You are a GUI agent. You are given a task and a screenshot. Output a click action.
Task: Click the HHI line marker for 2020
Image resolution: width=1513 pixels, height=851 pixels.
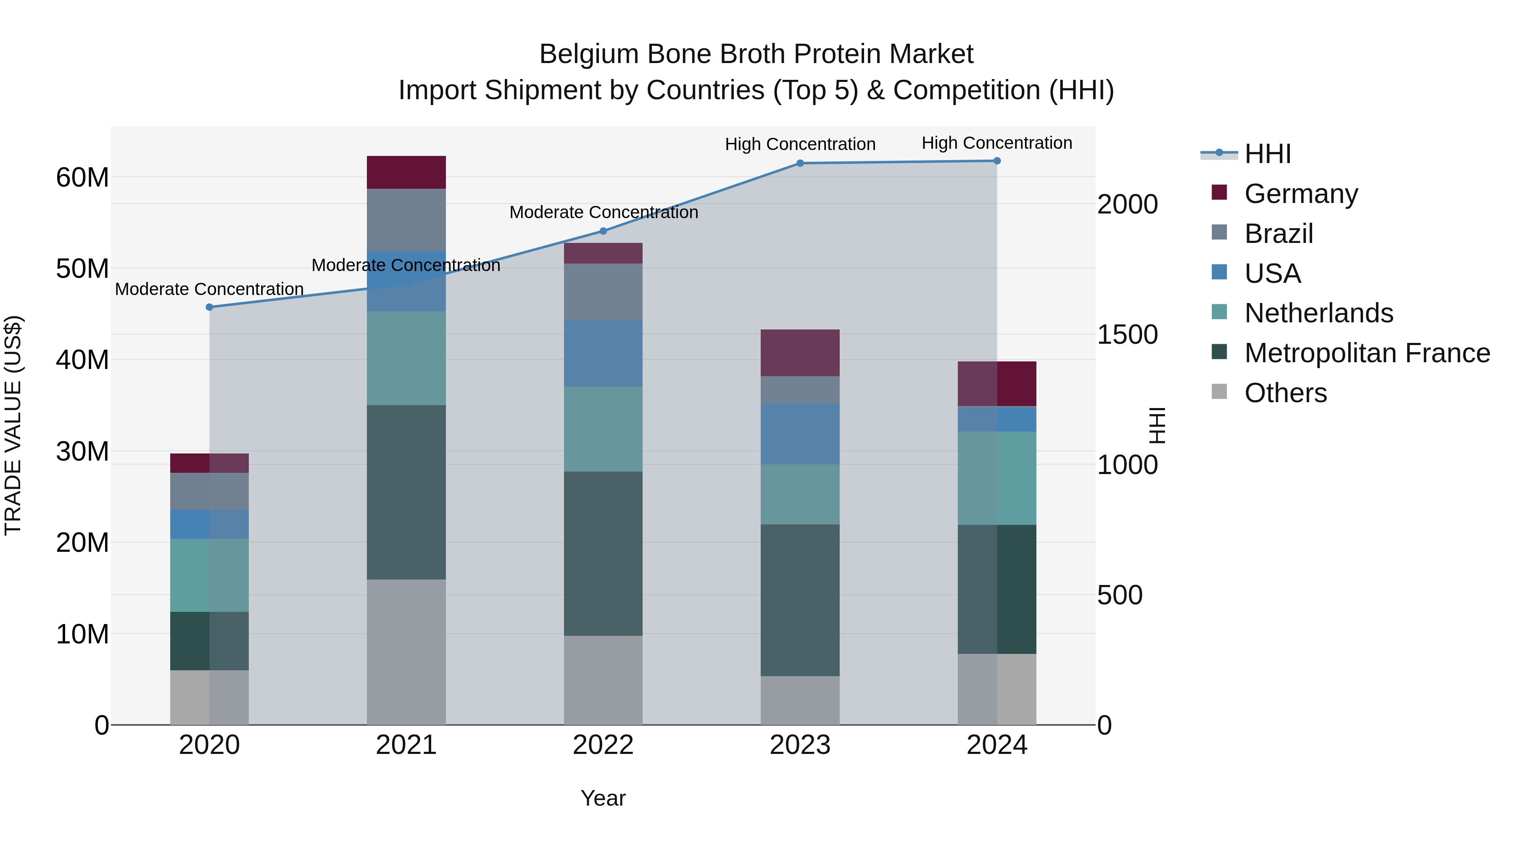(x=210, y=307)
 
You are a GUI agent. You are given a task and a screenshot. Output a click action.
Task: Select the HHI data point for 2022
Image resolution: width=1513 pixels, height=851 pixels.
(x=603, y=232)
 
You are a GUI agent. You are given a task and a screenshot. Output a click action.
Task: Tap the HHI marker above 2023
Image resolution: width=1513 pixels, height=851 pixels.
(x=800, y=163)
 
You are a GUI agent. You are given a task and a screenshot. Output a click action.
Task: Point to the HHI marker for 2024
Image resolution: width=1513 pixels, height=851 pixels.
(x=997, y=161)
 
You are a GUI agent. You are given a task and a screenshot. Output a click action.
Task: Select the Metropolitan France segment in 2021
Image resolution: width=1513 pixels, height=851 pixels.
(x=406, y=492)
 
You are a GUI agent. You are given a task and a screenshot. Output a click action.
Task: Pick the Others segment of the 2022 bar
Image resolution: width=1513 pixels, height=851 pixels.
(x=603, y=680)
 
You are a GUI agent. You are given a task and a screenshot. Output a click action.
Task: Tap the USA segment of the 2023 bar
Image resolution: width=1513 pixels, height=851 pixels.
(x=800, y=434)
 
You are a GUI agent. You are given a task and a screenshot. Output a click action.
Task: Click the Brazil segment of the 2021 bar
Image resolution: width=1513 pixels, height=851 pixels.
(x=406, y=220)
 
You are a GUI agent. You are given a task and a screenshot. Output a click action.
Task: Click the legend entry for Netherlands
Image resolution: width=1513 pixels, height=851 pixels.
(x=1318, y=313)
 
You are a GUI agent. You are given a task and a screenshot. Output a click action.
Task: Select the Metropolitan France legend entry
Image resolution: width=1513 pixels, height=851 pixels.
(x=1367, y=353)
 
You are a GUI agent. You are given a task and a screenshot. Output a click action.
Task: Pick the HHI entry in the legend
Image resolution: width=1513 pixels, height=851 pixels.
(x=1268, y=154)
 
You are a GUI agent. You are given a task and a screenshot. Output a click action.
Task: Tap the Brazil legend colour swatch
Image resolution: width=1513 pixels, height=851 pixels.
(x=1219, y=232)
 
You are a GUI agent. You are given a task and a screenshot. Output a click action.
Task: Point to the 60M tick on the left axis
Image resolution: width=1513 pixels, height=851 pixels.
(x=82, y=177)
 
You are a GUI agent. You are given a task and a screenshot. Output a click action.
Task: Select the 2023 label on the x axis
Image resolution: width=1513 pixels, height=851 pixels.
(x=800, y=745)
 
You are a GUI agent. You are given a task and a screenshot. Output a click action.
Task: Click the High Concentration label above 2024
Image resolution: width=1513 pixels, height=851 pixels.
(x=997, y=143)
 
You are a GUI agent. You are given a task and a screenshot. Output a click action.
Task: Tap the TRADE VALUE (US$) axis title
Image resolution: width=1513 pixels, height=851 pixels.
(x=13, y=425)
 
